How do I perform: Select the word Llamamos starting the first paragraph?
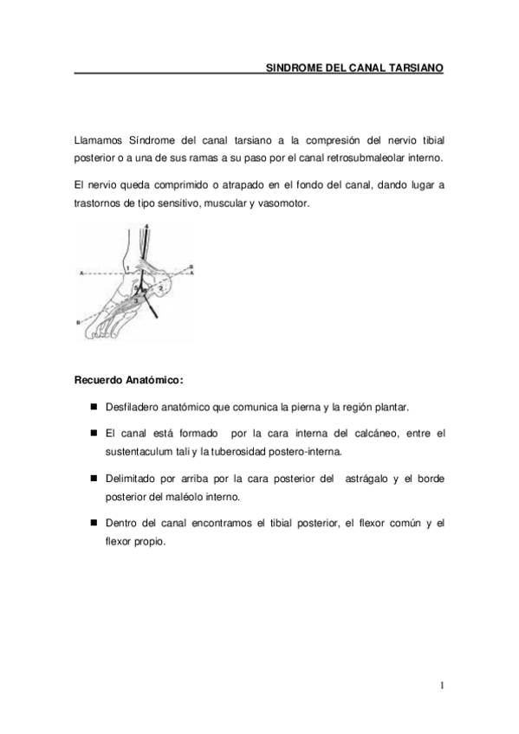click(x=98, y=139)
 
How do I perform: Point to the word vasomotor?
click(x=282, y=203)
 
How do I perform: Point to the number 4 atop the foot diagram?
click(x=146, y=226)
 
